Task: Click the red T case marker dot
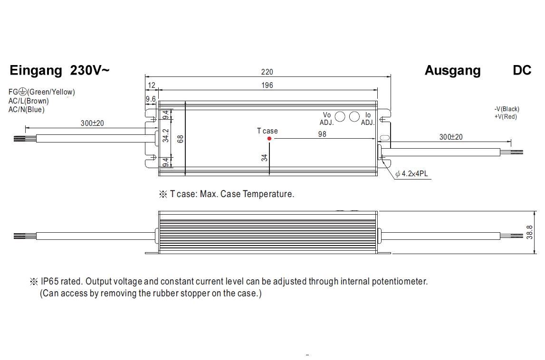[269, 139]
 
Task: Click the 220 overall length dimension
[267, 72]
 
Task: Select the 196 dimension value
[267, 85]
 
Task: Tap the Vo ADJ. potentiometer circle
[340, 116]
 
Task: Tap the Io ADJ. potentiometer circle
[354, 116]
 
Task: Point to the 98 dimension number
[322, 134]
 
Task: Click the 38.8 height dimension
[530, 232]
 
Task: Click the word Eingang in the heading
[36, 71]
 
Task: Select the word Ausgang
[452, 71]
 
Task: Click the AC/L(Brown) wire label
[29, 101]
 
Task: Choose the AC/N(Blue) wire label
[26, 110]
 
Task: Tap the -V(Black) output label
[507, 109]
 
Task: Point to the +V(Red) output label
[506, 117]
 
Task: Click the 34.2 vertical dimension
[165, 135]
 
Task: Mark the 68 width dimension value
[180, 139]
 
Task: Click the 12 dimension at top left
[152, 85]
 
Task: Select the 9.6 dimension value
[151, 99]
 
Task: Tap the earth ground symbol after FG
[22, 92]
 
